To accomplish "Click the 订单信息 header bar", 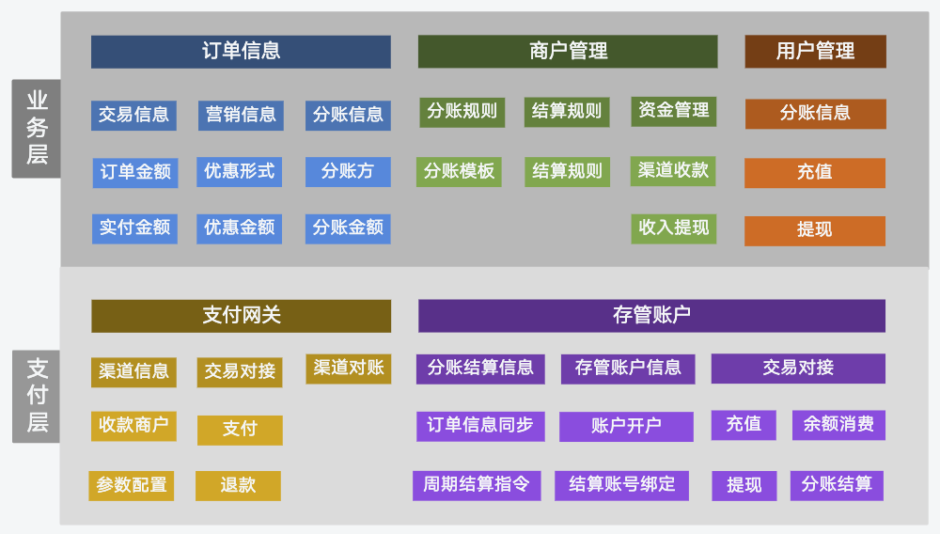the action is (241, 52).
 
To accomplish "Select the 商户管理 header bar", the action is (568, 52).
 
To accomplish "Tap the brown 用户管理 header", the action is (815, 52).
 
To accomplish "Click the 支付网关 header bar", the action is (241, 316).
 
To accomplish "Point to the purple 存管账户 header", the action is (651, 316).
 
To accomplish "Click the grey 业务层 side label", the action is (37, 128).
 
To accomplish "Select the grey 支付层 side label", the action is (37, 396).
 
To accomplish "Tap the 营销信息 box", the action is (241, 115).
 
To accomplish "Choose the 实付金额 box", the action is (134, 228).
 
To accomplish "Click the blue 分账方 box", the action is (348, 172).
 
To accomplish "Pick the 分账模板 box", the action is (460, 172).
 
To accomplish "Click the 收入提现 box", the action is (674, 228).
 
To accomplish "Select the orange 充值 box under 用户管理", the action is (815, 173).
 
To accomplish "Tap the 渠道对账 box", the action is (349, 369).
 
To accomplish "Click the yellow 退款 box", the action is (238, 485).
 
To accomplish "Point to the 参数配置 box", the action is (132, 485).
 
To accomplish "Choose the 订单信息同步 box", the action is (480, 426).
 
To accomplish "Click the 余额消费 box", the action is (838, 425).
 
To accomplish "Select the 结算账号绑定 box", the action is (621, 485).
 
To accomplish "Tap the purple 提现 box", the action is (744, 485).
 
